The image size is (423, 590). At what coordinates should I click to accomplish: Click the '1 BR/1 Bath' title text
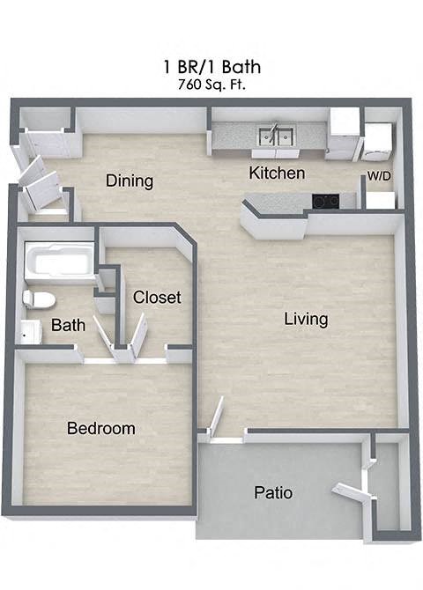point(211,67)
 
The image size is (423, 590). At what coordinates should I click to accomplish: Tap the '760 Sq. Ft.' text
point(211,85)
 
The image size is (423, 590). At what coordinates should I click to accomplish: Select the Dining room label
point(130,181)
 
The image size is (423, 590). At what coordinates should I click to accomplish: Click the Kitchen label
point(277,173)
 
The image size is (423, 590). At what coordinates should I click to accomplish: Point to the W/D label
point(379,176)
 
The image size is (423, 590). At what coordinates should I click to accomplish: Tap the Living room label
point(306,319)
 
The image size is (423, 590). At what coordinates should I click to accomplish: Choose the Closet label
point(157,298)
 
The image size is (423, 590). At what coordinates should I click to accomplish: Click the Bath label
point(68,326)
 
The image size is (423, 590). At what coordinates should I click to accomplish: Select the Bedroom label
point(101,429)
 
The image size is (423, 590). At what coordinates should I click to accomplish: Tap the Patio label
point(273,492)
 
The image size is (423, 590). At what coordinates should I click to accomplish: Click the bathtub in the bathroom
point(57,261)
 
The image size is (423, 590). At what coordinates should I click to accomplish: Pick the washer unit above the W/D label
point(378,141)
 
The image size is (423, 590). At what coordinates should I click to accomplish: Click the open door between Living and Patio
point(214,416)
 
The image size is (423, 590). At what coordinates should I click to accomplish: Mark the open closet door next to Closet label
point(138,337)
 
